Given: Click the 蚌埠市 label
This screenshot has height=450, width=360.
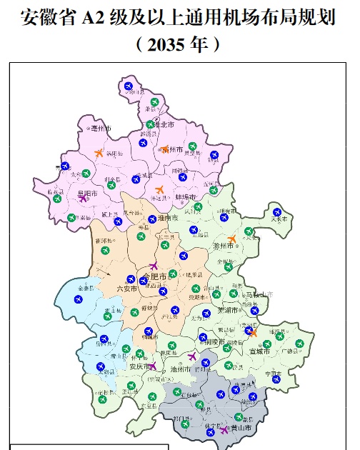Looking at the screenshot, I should [x=185, y=196].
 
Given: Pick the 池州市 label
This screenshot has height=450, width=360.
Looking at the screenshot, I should [x=181, y=369].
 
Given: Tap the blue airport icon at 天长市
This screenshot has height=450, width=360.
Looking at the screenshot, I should [x=277, y=211].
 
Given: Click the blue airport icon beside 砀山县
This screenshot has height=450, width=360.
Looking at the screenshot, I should [x=129, y=87].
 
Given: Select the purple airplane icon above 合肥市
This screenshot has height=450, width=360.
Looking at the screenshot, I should [x=154, y=266].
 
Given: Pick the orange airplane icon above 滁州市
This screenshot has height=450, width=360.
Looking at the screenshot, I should [x=231, y=239].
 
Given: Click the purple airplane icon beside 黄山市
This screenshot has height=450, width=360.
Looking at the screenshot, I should [x=224, y=430].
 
